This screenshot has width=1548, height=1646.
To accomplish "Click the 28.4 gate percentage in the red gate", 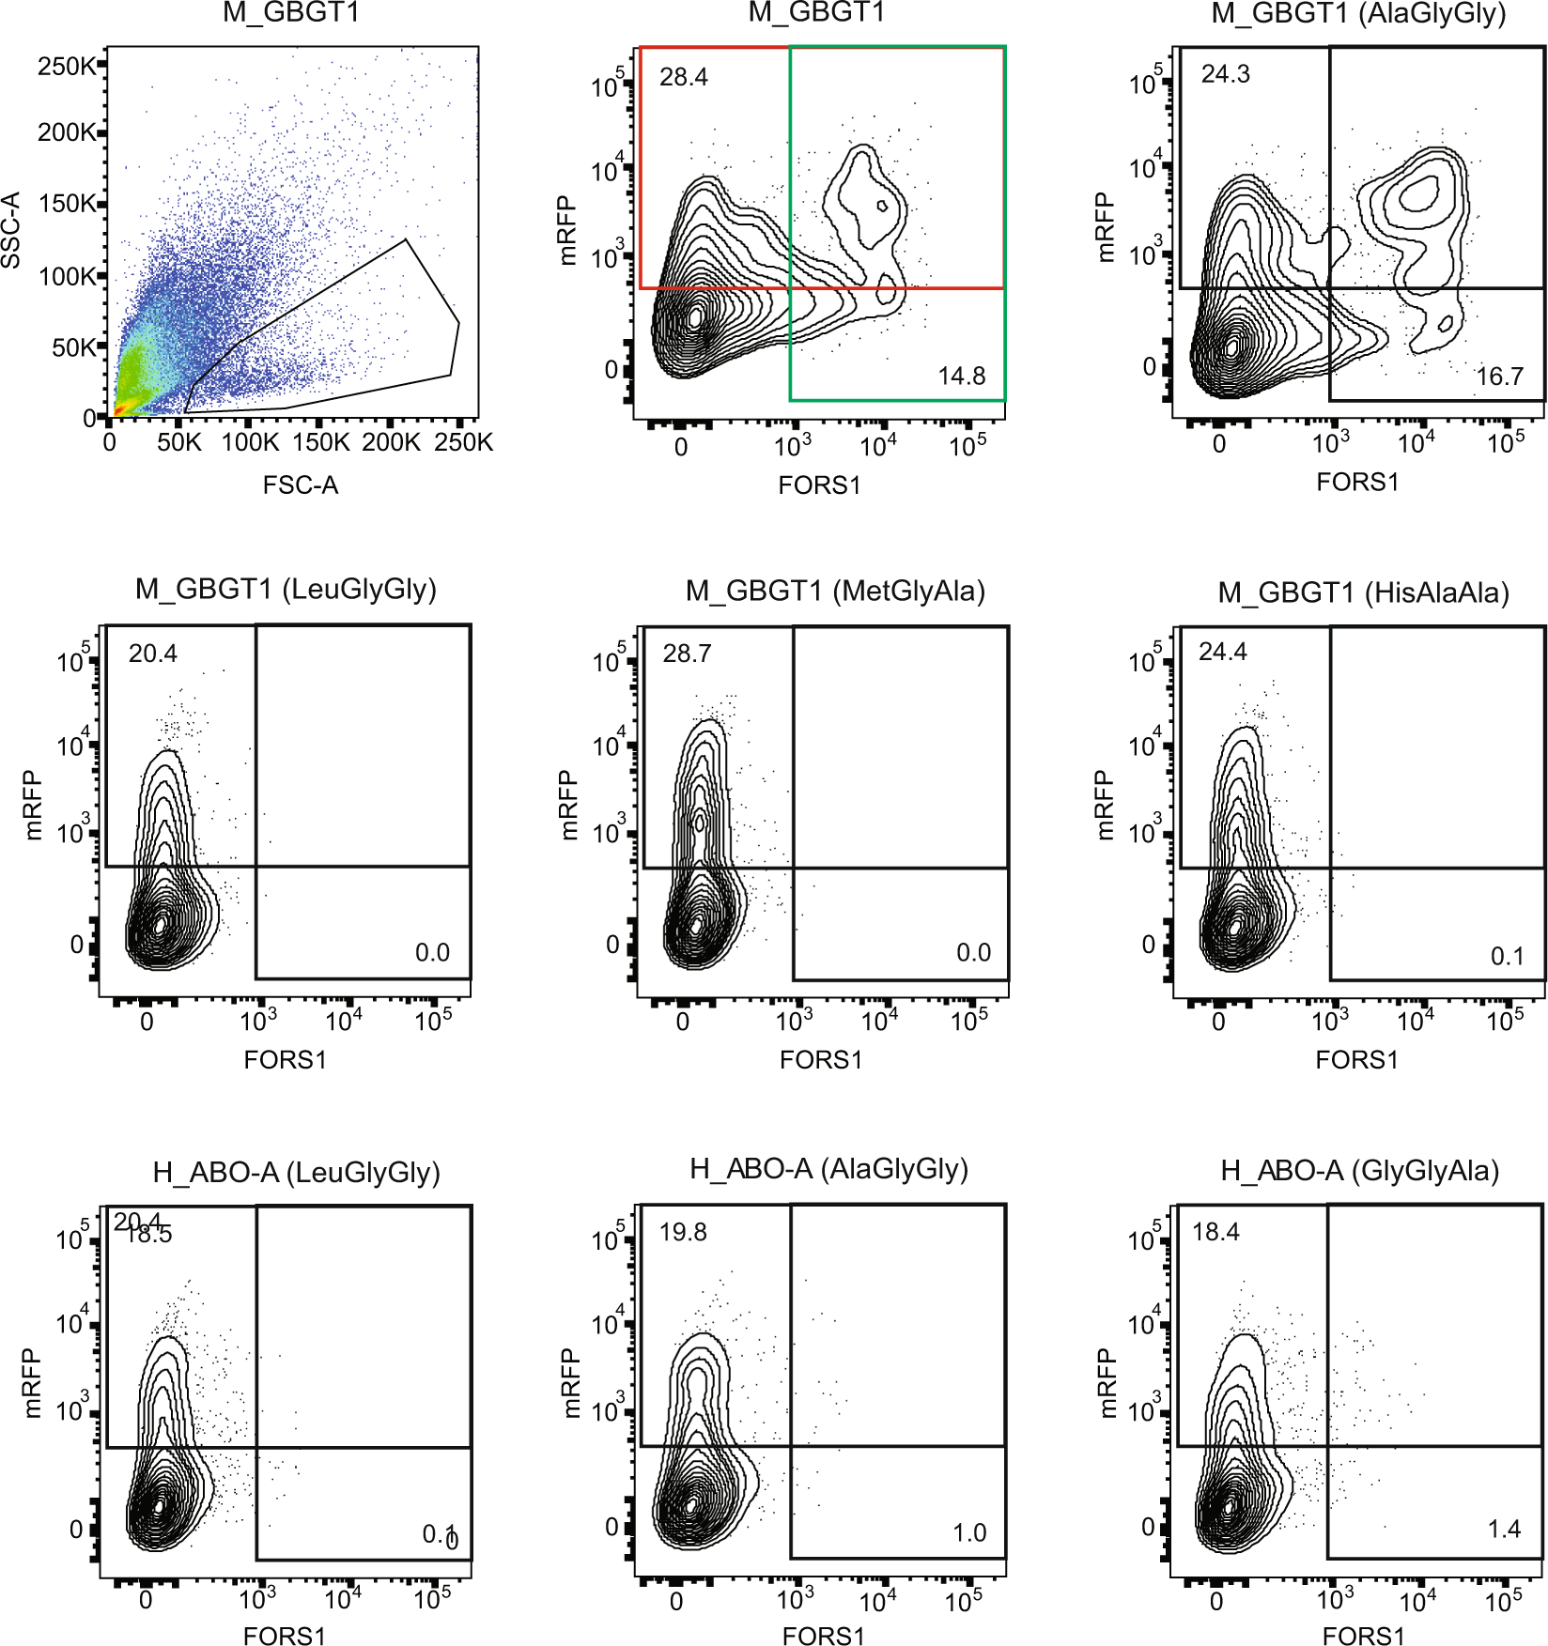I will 683,77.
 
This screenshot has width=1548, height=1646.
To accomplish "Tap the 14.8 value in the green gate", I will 961,377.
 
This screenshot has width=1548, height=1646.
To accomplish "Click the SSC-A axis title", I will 11,231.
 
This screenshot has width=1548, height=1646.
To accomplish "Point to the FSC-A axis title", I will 301,485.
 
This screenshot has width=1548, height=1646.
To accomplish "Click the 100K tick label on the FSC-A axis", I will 250,442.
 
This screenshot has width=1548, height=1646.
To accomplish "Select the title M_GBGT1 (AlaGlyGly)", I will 1358,14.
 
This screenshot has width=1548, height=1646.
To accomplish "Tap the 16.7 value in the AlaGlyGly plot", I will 1499,377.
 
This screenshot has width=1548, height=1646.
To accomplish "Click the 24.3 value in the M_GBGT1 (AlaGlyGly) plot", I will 1225,74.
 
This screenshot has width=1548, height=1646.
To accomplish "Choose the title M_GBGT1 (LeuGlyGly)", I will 286,590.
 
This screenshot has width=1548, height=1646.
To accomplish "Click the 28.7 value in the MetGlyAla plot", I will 687,654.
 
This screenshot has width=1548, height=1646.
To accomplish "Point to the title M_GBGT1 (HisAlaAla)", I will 1363,592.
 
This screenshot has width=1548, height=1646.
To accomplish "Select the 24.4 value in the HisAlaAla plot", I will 1222,652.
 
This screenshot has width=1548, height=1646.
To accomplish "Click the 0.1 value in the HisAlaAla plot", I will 1507,957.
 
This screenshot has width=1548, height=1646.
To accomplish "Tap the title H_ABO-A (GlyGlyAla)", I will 1359,1171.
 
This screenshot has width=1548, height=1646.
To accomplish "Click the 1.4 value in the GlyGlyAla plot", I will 1504,1530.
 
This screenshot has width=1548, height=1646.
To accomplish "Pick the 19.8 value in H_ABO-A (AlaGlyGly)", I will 683,1232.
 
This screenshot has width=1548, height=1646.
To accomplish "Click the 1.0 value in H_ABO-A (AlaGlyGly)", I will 969,1533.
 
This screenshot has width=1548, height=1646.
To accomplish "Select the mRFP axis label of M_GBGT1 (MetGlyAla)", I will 568,806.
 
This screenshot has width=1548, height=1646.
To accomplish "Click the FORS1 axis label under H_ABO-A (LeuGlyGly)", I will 284,1636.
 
